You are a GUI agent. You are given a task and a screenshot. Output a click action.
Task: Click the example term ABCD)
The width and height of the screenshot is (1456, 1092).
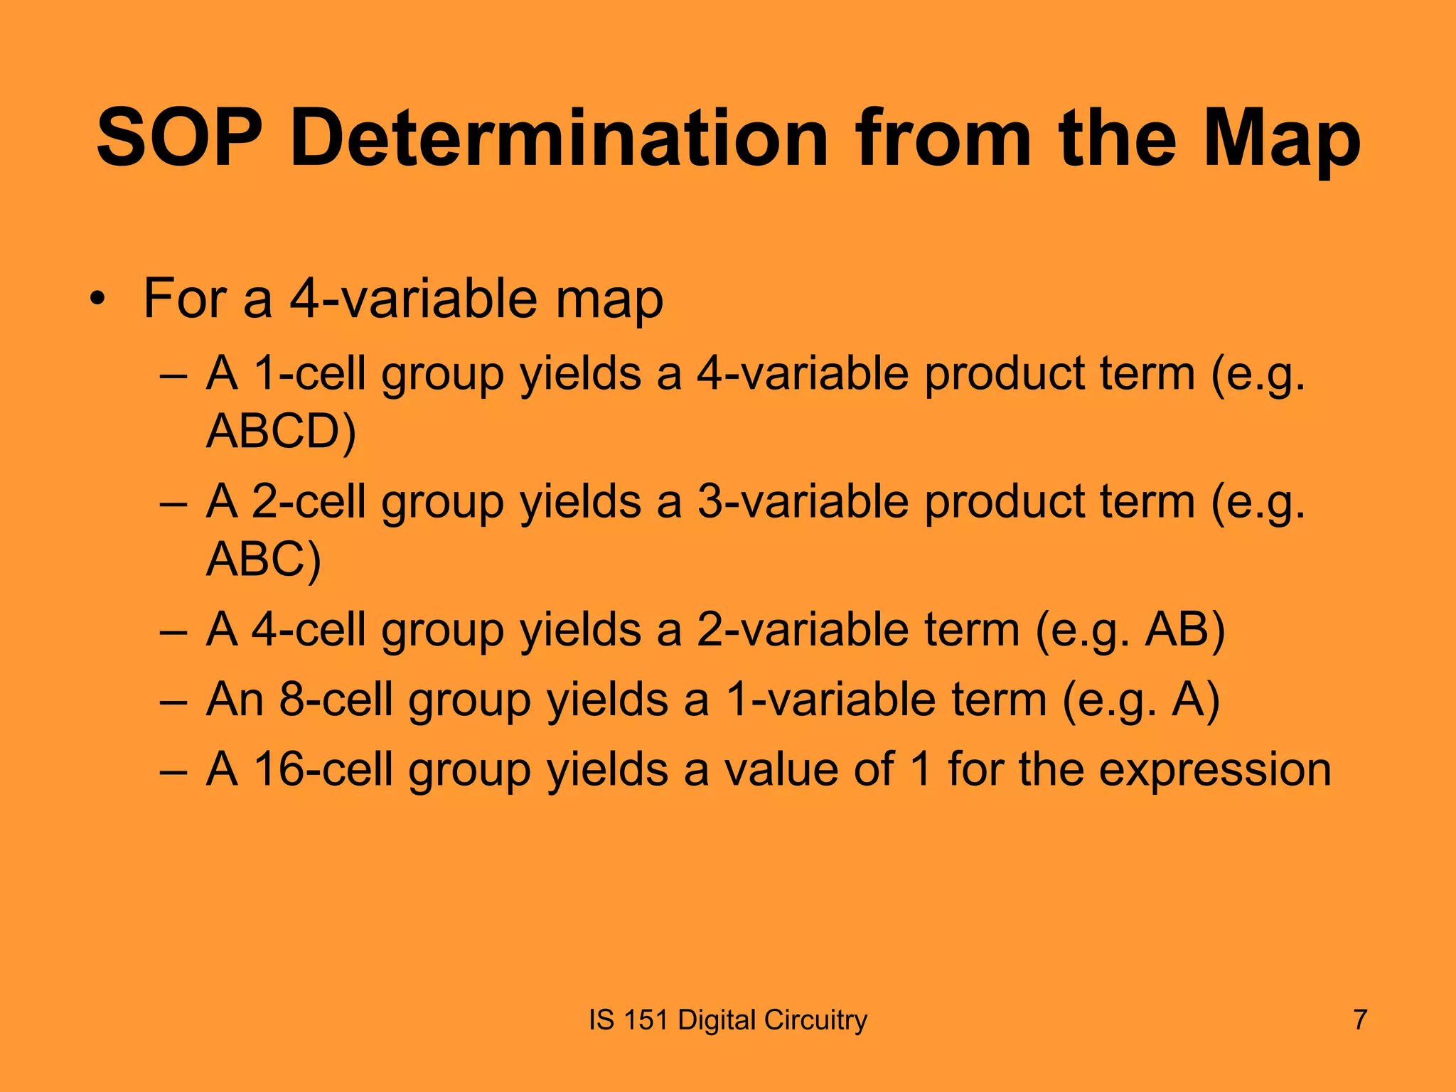coord(281,431)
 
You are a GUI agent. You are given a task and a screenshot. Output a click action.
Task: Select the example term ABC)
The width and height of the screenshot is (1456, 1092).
coord(264,559)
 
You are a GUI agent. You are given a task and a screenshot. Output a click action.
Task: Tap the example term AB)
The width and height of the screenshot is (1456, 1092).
coord(1185,630)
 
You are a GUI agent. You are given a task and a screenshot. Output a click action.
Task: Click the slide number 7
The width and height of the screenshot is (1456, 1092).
coord(1359,1019)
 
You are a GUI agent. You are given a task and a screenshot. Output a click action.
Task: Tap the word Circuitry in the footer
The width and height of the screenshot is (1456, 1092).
coord(815,1019)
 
